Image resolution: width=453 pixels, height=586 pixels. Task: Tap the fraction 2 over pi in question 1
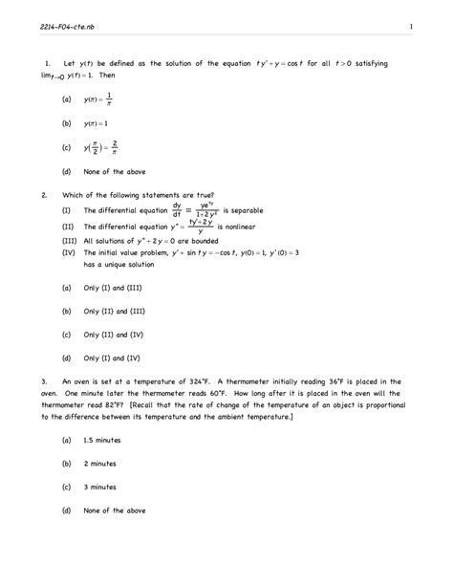(x=114, y=147)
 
